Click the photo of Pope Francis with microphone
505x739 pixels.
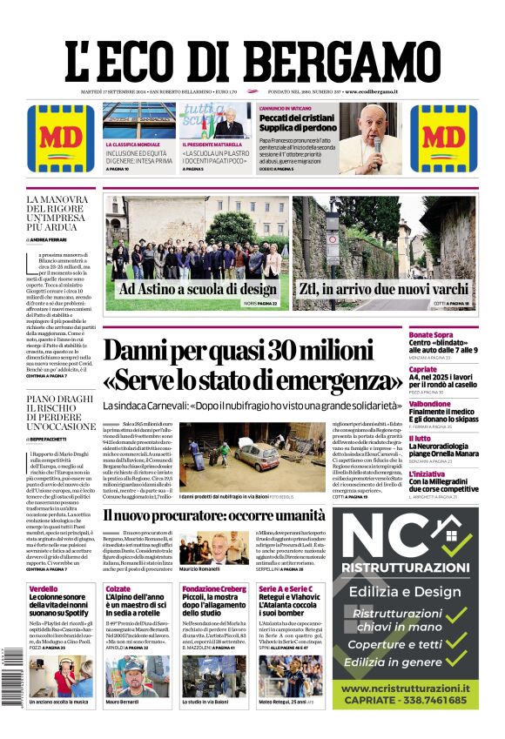click(371, 139)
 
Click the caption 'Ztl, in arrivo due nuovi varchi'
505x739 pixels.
click(385, 289)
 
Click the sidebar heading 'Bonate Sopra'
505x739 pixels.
click(430, 335)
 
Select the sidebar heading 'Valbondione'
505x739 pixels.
click(430, 404)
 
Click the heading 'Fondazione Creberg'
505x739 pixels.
click(213, 589)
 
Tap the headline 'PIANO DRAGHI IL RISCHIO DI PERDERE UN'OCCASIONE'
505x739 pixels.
click(60, 413)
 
